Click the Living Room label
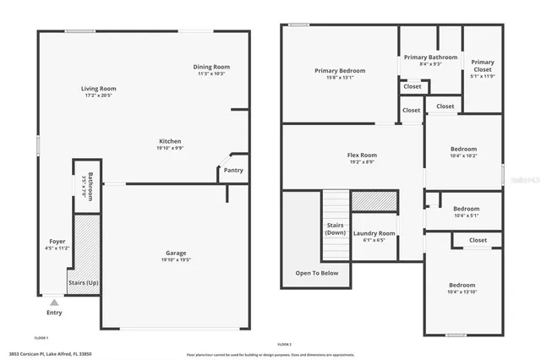[99, 89]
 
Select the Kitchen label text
[171, 141]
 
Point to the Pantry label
[234, 170]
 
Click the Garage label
[176, 253]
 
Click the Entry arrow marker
[54, 302]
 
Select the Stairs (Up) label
[83, 283]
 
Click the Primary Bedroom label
[340, 71]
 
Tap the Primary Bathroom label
[430, 57]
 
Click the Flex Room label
[362, 155]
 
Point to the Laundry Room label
[374, 233]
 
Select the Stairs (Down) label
[336, 229]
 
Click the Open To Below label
[317, 273]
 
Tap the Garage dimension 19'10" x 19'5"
[176, 260]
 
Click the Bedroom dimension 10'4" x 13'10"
[462, 292]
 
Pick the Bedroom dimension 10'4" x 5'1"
[466, 215]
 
